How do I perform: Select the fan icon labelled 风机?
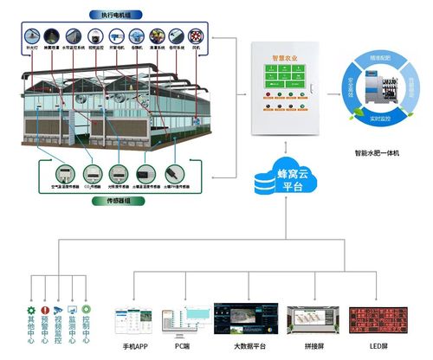tap(195, 36)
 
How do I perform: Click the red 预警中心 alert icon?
tap(47, 308)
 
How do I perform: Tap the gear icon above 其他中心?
tap(31, 308)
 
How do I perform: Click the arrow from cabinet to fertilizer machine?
tap(333, 87)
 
